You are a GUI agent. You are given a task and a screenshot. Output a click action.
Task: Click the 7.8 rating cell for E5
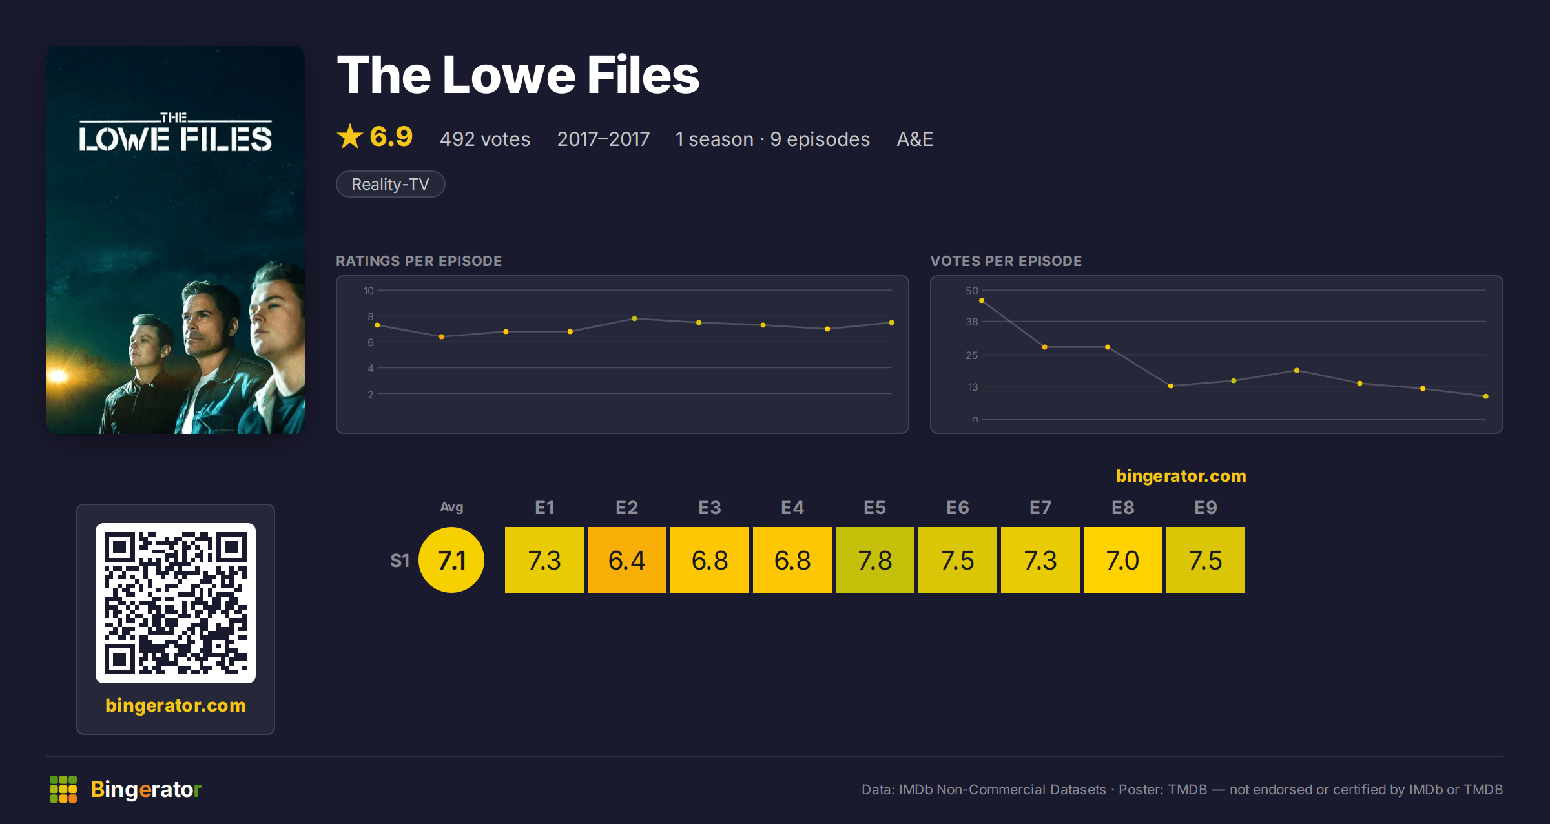pyautogui.click(x=875, y=560)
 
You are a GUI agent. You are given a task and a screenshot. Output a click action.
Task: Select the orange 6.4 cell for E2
pyautogui.click(x=627, y=560)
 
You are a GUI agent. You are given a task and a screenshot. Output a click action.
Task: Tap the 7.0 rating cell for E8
pyautogui.click(x=1123, y=560)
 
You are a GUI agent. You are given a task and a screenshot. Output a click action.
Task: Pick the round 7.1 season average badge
pyautogui.click(x=451, y=560)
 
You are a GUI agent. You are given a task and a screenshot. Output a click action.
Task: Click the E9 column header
pyautogui.click(x=1206, y=508)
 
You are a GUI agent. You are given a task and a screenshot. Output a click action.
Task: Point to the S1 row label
pyautogui.click(x=400, y=561)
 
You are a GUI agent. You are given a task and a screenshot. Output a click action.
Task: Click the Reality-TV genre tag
pyautogui.click(x=391, y=184)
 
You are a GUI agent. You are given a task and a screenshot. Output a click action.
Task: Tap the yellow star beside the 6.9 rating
pyautogui.click(x=350, y=136)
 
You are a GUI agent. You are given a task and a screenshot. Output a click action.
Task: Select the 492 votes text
pyautogui.click(x=485, y=139)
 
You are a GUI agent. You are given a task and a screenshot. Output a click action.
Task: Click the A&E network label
pyautogui.click(x=914, y=139)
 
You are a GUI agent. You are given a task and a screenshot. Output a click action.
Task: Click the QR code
pyautogui.click(x=176, y=603)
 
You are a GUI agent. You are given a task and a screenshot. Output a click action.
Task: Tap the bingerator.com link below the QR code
pyautogui.click(x=176, y=705)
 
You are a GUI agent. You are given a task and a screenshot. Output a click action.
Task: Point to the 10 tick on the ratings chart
pyautogui.click(x=368, y=291)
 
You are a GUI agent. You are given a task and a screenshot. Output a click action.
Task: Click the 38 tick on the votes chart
pyautogui.click(x=971, y=322)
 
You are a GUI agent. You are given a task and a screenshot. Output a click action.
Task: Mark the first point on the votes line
pyautogui.click(x=982, y=300)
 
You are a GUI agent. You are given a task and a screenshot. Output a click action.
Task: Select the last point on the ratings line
pyautogui.click(x=892, y=322)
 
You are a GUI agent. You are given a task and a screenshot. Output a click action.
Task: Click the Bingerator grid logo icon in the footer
pyautogui.click(x=63, y=789)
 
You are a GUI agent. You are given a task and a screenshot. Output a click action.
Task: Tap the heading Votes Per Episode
pyautogui.click(x=1006, y=261)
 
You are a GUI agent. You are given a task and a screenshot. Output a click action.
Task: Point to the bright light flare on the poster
pyautogui.click(x=59, y=375)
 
